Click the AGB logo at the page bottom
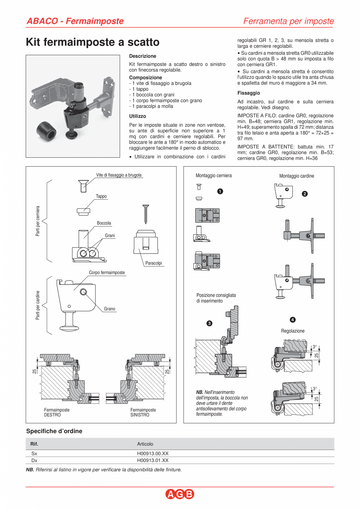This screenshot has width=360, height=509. click(x=180, y=495)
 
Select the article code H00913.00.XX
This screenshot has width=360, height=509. click(x=153, y=453)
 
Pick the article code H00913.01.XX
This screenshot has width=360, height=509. click(x=153, y=460)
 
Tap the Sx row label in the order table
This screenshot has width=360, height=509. click(x=34, y=453)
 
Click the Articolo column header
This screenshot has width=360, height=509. click(x=145, y=444)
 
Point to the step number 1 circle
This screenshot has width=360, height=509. click(x=220, y=191)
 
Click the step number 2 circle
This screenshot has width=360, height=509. click(x=305, y=194)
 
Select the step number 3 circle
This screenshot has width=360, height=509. click(x=209, y=323)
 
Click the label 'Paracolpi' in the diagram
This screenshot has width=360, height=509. click(x=153, y=263)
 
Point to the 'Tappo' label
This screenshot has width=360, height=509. click(x=101, y=196)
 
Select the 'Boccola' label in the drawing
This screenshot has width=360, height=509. click(x=104, y=223)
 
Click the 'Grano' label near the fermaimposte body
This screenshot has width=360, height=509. click(x=110, y=309)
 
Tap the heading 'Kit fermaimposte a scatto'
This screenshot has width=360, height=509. click(x=93, y=42)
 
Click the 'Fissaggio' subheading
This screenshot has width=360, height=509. click(x=248, y=93)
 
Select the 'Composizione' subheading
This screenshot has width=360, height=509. click(x=145, y=77)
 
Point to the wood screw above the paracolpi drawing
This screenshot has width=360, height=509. click(x=146, y=214)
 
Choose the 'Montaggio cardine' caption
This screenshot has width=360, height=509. click(x=297, y=176)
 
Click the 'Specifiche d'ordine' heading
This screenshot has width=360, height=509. click(x=54, y=431)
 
